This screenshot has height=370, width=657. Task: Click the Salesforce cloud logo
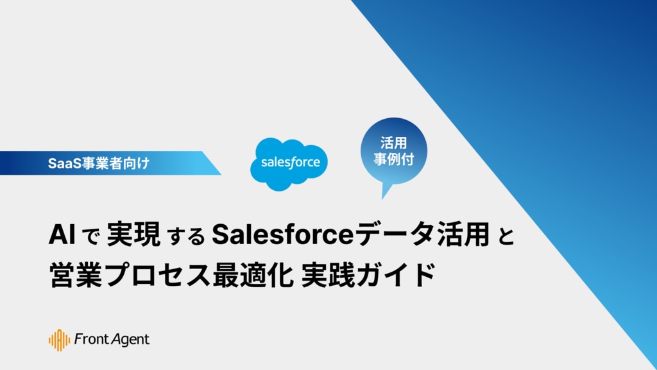(x=289, y=164)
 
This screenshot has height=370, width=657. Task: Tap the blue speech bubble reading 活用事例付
(x=393, y=152)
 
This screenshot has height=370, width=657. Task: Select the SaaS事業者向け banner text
(x=98, y=163)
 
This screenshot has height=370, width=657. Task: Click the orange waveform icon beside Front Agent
(x=59, y=340)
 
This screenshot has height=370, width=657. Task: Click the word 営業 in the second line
(x=76, y=274)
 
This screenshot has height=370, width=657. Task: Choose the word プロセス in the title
(x=157, y=275)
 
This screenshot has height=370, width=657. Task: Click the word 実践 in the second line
(x=328, y=274)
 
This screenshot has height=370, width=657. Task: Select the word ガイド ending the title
(x=396, y=274)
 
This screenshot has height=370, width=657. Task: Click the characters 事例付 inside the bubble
(x=394, y=159)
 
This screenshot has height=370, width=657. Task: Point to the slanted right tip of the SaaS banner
(x=221, y=174)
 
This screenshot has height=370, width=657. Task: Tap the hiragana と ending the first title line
(x=506, y=235)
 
